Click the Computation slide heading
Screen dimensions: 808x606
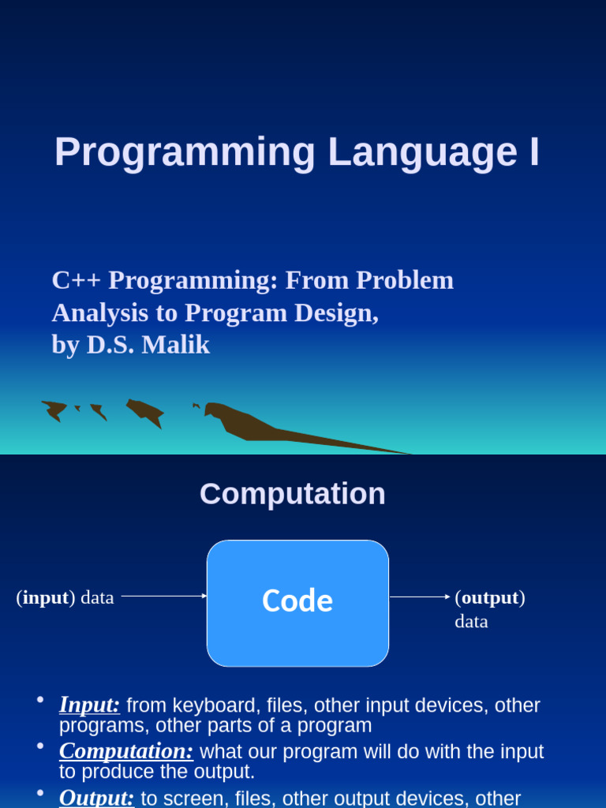(293, 494)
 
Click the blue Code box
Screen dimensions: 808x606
(297, 603)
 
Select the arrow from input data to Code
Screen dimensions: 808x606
(164, 597)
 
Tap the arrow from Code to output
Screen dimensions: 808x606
(420, 597)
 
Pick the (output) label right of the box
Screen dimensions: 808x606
(490, 597)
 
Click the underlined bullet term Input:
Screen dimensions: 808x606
(89, 705)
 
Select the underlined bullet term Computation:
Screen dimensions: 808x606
(126, 751)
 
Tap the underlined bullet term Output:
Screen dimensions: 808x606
(96, 798)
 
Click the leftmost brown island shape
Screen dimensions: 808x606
(54, 410)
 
